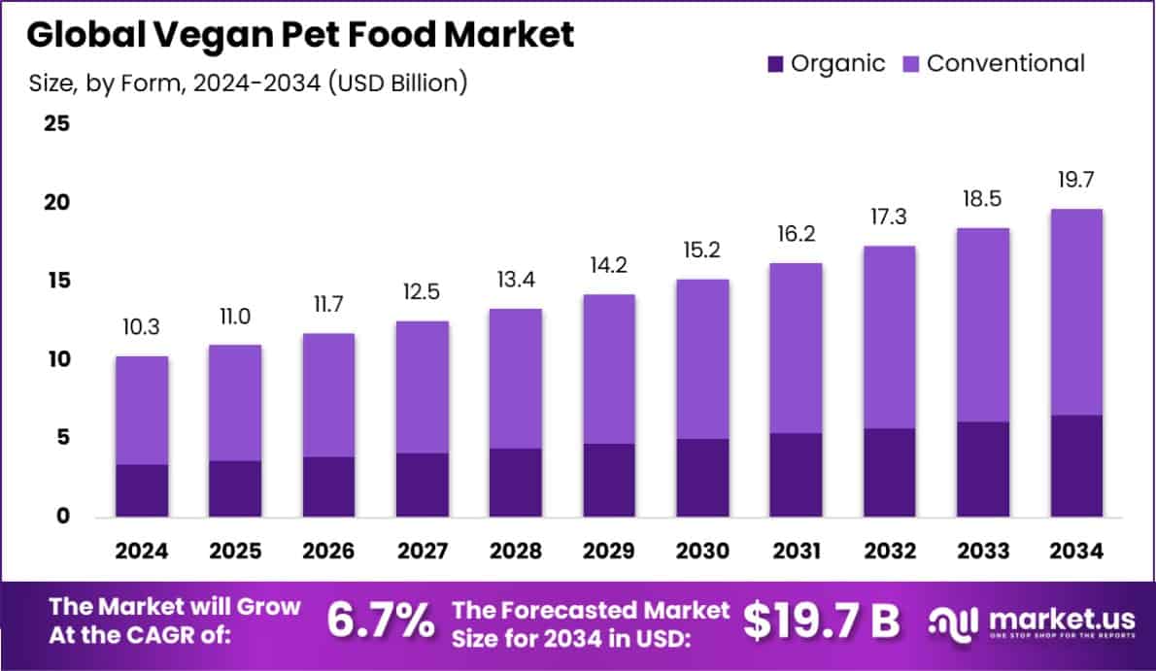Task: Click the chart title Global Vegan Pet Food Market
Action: [x=300, y=34]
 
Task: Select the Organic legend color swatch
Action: [x=774, y=64]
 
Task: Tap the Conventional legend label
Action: [x=1005, y=64]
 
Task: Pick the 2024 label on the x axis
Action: [x=142, y=552]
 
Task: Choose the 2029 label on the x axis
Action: [x=609, y=552]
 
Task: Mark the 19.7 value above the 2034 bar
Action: [x=1075, y=181]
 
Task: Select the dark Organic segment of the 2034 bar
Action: [x=1075, y=466]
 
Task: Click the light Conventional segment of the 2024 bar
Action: [x=142, y=410]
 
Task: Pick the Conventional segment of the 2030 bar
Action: [x=702, y=359]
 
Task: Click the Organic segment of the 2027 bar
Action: [x=423, y=485]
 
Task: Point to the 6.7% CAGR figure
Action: [x=380, y=621]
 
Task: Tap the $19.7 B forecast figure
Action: [x=821, y=621]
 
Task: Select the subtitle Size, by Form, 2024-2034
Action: [x=249, y=84]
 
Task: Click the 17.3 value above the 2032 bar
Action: [x=889, y=218]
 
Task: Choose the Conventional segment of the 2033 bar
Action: [x=982, y=325]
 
